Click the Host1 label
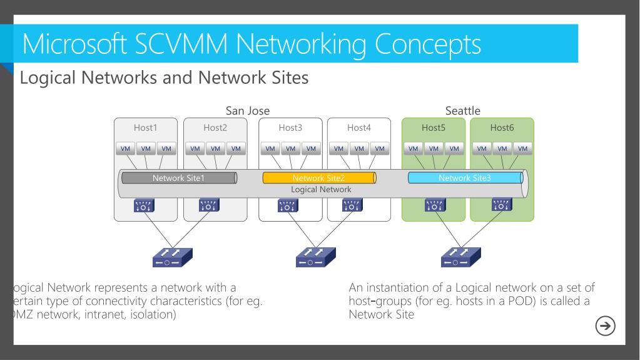[145, 128]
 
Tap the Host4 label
[358, 128]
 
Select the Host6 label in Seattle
[502, 128]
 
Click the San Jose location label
[247, 111]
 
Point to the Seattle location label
[463, 111]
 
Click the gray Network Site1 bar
[178, 178]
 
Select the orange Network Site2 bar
[318, 178]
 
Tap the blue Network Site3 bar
[465, 178]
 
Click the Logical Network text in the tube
[322, 189]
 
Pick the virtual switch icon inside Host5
[433, 205]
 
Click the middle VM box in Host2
[215, 149]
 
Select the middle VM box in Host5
[433, 149]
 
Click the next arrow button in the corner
[606, 326]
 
